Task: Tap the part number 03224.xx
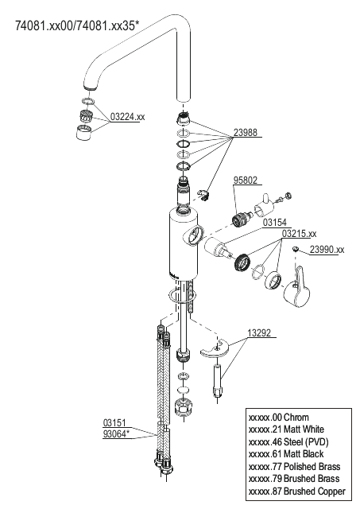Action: tap(127, 117)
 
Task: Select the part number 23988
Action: tap(246, 133)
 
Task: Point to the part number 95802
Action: tap(246, 181)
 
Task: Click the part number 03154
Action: tap(275, 223)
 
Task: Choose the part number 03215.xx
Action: tap(299, 233)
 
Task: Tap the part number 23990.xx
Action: tap(327, 249)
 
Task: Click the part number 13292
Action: tap(259, 333)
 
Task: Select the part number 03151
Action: tap(114, 423)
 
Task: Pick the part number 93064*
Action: tap(116, 434)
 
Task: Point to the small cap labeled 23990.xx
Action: tap(295, 249)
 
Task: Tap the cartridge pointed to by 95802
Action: tap(242, 218)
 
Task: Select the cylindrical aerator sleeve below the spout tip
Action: tap(84, 132)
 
